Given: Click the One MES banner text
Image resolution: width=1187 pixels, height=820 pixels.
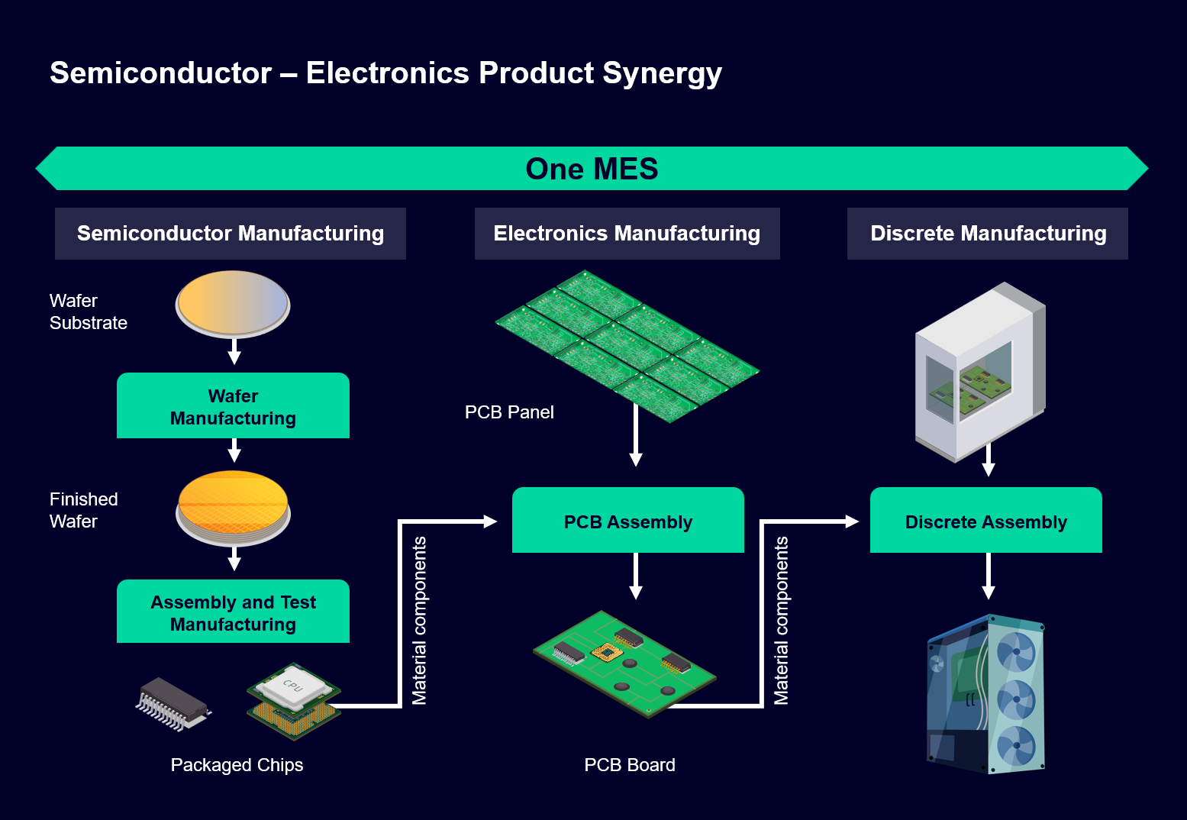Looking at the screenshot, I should tap(592, 169).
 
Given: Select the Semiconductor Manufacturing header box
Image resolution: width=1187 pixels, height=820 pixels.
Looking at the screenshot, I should tap(230, 234).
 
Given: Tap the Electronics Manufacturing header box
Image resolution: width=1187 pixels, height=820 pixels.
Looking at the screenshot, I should tap(627, 234).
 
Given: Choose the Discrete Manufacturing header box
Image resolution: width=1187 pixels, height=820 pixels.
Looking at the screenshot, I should tap(987, 234).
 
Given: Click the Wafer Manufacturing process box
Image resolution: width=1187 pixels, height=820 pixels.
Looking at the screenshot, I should tap(233, 406).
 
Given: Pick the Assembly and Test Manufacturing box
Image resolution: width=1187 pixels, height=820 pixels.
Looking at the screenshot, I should tap(233, 612).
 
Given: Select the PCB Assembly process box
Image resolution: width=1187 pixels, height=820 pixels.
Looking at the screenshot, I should tap(627, 521).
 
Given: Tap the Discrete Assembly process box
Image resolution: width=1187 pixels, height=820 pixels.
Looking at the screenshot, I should tap(985, 521).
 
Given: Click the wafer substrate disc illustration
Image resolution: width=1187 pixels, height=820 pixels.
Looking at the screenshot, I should tap(233, 304).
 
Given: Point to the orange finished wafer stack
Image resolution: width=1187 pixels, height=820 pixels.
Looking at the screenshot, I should tap(233, 507).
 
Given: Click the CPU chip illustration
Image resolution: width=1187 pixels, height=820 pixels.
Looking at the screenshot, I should tap(293, 699).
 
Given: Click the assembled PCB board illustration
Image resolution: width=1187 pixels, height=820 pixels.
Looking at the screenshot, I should tap(624, 663).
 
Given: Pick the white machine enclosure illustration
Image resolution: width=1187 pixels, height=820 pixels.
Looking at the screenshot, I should tap(980, 372).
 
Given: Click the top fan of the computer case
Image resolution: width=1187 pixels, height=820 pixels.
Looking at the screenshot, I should tap(1016, 652).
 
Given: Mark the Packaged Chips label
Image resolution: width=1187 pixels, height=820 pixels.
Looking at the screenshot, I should tap(237, 765).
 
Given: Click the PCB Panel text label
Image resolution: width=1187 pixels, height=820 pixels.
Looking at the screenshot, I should tap(509, 412).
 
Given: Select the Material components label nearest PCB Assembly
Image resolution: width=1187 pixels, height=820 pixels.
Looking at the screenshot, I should tap(419, 620).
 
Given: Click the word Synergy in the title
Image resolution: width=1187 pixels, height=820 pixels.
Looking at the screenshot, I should tap(662, 74).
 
